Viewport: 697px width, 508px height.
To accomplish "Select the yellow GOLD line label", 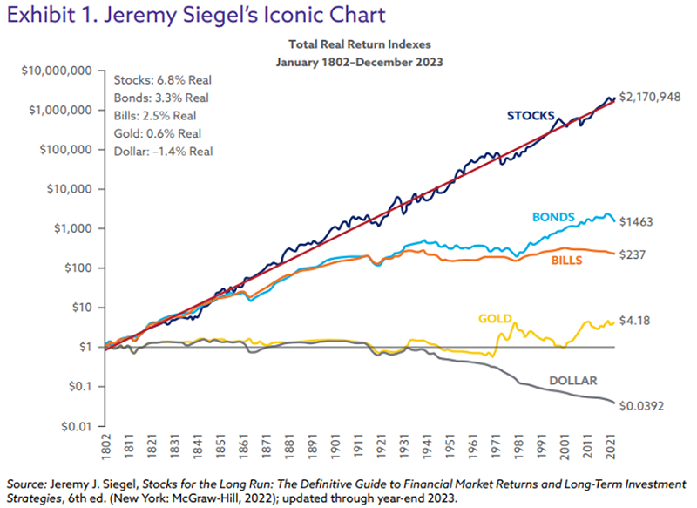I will point(495,318).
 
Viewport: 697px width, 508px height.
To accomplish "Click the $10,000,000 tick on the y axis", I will point(55,70).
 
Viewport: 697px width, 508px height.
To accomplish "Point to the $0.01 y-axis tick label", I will point(78,426).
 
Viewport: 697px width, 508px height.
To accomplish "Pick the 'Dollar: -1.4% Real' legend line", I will point(158,151).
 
